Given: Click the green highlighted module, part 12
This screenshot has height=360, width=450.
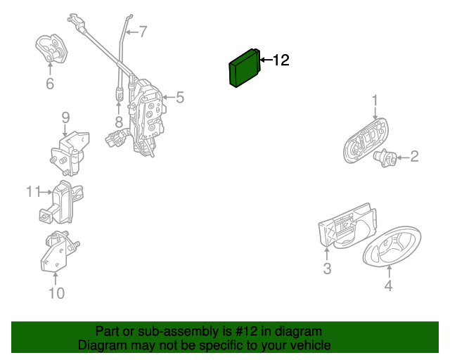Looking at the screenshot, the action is pyautogui.click(x=245, y=68).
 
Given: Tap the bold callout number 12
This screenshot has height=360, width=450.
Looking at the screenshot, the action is pyautogui.click(x=281, y=60).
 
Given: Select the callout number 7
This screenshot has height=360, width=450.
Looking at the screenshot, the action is pyautogui.click(x=143, y=32).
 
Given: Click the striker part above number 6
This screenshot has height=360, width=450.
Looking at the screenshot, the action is pyautogui.click(x=51, y=49).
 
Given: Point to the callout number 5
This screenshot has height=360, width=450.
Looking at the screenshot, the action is pyautogui.click(x=180, y=97).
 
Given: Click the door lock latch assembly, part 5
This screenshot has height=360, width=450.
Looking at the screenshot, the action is pyautogui.click(x=146, y=117).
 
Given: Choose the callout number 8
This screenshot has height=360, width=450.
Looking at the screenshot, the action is pyautogui.click(x=119, y=122).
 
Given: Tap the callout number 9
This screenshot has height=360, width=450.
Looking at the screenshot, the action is pyautogui.click(x=65, y=117).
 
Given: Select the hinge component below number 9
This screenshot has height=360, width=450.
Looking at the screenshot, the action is pyautogui.click(x=70, y=153).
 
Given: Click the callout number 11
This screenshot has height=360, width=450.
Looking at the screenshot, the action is pyautogui.click(x=33, y=191).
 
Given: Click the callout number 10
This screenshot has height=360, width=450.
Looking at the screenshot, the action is pyautogui.click(x=56, y=293).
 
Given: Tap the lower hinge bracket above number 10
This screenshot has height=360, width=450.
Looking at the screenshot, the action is pyautogui.click(x=59, y=251).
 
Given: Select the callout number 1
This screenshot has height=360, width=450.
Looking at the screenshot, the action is pyautogui.click(x=375, y=101).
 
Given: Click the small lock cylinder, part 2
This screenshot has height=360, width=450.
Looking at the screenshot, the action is pyautogui.click(x=385, y=158).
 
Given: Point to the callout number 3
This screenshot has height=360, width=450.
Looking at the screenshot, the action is pyautogui.click(x=327, y=269).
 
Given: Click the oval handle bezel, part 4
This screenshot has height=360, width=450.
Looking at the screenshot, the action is pyautogui.click(x=392, y=246).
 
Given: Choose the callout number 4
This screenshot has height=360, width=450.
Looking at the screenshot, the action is pyautogui.click(x=388, y=285).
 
